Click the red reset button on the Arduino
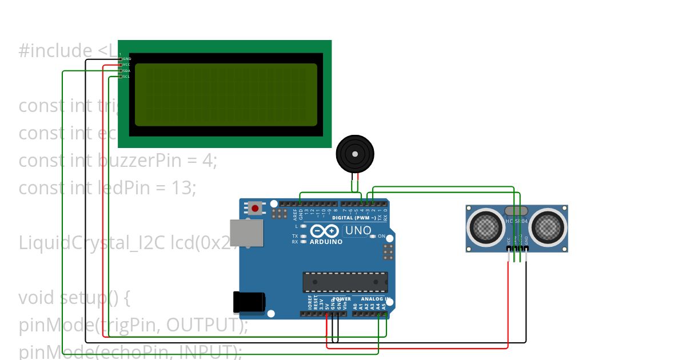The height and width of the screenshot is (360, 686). point(255,209)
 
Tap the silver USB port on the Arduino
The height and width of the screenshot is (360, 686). point(247,233)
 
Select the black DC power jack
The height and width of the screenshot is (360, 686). point(249,302)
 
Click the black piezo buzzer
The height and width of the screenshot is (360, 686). point(355,153)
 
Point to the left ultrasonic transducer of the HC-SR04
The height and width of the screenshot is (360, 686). point(487,227)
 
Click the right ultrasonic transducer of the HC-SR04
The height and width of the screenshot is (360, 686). point(548,227)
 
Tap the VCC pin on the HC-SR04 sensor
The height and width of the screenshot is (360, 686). point(508,248)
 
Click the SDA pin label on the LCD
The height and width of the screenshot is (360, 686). point(126,71)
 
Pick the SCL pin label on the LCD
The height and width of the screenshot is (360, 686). point(126,77)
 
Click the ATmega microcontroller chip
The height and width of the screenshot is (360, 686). point(345,282)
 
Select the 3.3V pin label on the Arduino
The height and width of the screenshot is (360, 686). point(321,303)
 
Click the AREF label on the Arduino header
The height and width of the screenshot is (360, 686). point(295,214)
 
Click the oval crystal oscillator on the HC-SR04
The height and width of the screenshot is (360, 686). point(517,211)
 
